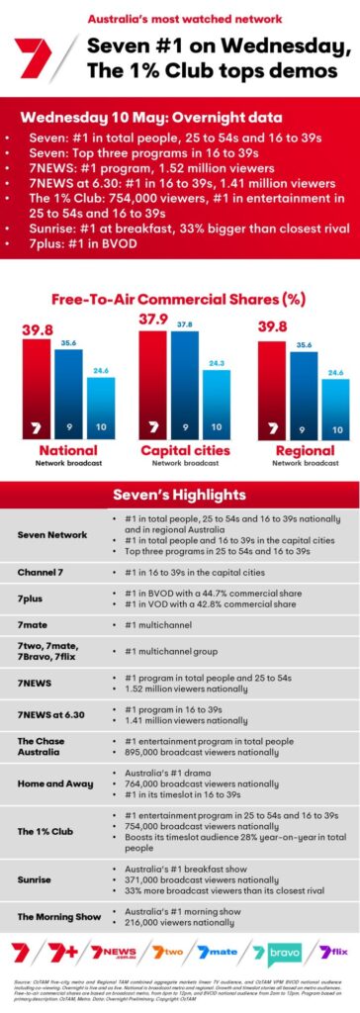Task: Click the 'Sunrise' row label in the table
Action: point(34,878)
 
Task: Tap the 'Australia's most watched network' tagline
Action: point(180,19)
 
